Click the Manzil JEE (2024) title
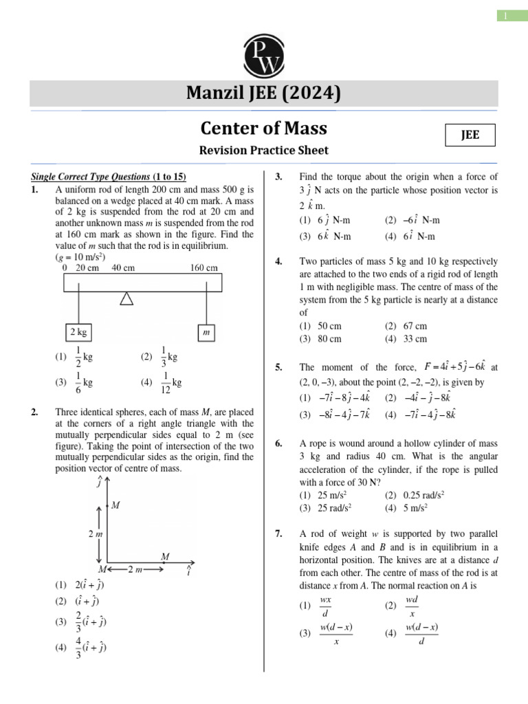tap(264, 93)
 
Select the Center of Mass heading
tap(264, 128)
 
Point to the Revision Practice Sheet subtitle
tap(264, 150)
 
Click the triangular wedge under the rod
tap(126, 298)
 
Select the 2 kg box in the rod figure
tap(79, 332)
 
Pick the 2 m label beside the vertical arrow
tap(95, 533)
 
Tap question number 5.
tap(279, 368)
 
